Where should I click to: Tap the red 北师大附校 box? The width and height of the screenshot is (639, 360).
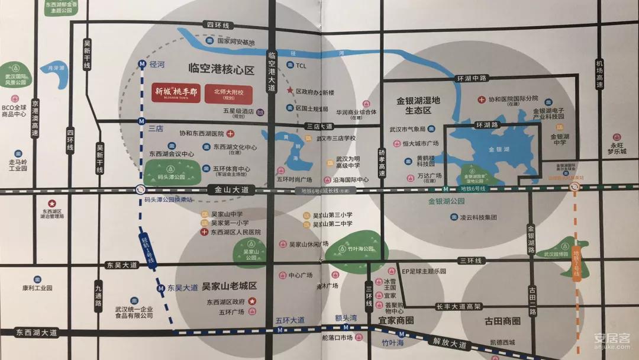coord(228,94)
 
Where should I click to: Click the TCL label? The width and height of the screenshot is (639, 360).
coord(301,66)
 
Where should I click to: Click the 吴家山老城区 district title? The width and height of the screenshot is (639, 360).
coord(229,286)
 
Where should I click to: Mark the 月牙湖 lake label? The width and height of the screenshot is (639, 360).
coord(54,68)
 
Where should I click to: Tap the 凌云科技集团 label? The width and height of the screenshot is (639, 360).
coord(480,217)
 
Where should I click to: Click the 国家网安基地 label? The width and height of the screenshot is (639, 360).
coord(235,42)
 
